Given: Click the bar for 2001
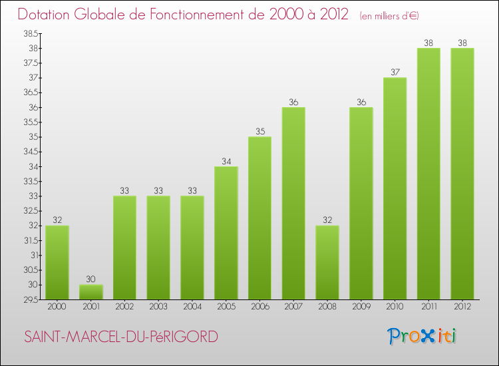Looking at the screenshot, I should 91,292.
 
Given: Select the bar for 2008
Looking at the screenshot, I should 327,262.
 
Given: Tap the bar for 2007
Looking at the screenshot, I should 293,203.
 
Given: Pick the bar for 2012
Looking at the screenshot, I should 462,174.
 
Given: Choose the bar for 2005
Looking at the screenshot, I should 226,233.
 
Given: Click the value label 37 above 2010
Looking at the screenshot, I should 395,73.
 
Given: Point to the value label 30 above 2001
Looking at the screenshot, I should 91,279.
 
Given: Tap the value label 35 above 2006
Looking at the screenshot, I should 259,132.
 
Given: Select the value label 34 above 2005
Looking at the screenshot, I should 226,161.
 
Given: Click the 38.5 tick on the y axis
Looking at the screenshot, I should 30,33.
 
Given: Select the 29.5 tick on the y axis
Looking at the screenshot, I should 30,299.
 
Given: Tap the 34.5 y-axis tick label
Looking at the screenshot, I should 30,152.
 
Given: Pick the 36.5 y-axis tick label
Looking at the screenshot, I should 30,92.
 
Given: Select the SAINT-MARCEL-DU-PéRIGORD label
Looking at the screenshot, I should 120,337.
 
